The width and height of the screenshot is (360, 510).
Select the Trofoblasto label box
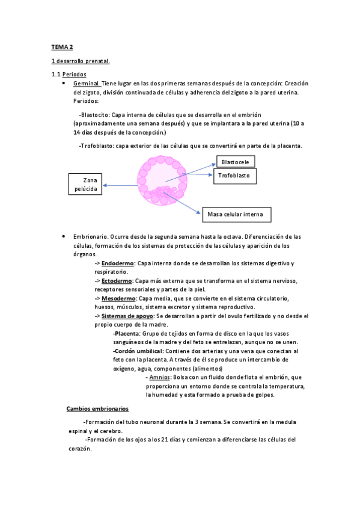coord(235,176)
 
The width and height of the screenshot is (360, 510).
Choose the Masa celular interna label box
coord(236,214)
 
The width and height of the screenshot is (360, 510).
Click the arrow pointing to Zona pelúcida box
coord(120,186)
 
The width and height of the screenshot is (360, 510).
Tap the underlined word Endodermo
coord(117,263)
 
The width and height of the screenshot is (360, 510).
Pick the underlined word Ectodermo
coord(117,280)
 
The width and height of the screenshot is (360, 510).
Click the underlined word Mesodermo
coord(118,298)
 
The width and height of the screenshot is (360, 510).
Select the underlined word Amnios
coord(159,377)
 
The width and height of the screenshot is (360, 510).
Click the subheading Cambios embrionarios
coord(97,408)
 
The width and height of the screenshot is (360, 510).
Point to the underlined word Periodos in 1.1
coord(79,75)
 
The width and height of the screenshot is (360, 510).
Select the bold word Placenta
coord(127,333)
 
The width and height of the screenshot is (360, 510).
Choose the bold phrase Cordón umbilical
coord(138,351)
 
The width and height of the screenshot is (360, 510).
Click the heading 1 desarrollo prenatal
coord(79,61)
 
